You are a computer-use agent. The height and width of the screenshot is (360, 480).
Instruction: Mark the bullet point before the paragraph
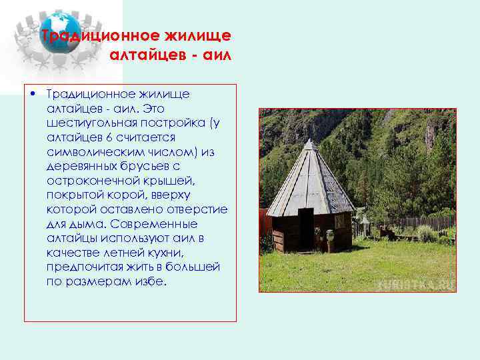click(31, 94)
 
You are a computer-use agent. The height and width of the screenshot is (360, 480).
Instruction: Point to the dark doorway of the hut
click(305, 229)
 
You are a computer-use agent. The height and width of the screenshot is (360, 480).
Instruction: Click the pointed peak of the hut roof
click(309, 141)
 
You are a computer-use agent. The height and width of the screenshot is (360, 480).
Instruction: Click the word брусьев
click(151, 165)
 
